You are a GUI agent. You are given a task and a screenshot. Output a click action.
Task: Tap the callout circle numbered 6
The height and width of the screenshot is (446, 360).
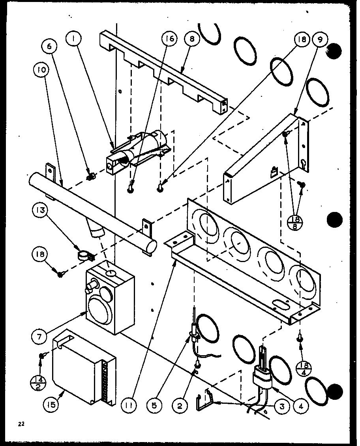[51, 47]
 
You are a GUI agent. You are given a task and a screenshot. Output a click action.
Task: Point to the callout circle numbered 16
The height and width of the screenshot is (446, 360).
[170, 39]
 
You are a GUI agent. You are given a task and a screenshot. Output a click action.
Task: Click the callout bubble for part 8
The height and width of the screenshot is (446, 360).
[191, 39]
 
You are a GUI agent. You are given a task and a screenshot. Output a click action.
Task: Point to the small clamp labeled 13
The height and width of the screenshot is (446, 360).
[84, 255]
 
